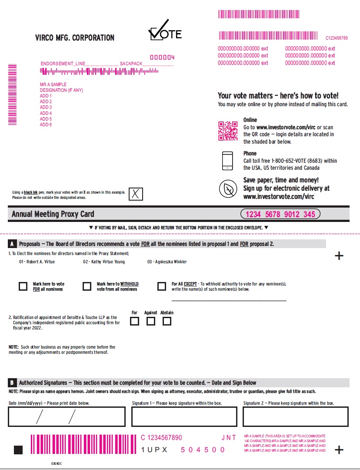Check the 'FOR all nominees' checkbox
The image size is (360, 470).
[23, 286]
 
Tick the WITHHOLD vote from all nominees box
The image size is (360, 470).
[87, 286]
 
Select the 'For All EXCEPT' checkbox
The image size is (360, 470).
[162, 286]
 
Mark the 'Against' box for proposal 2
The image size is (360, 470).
[151, 321]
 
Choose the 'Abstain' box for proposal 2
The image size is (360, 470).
[167, 321]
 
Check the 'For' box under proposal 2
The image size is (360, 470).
[135, 321]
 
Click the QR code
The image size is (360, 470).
[228, 131]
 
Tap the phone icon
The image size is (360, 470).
[228, 161]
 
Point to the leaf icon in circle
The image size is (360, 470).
[228, 189]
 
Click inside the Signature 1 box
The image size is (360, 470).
[184, 416]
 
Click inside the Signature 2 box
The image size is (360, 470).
[296, 416]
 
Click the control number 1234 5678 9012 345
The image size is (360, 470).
[280, 214]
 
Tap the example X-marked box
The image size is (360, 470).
[136, 194]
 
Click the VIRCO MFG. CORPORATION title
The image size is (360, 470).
[75, 38]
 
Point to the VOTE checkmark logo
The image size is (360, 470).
[165, 30]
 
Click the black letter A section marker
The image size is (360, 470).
[12, 244]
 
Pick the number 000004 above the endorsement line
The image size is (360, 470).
[162, 57]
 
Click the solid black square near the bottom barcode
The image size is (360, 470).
[18, 450]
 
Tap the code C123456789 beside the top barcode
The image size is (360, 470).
[337, 38]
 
